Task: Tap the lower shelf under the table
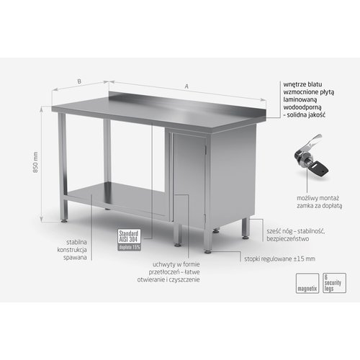[x=115, y=196]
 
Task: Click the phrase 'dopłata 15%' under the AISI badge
[x=127, y=246]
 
